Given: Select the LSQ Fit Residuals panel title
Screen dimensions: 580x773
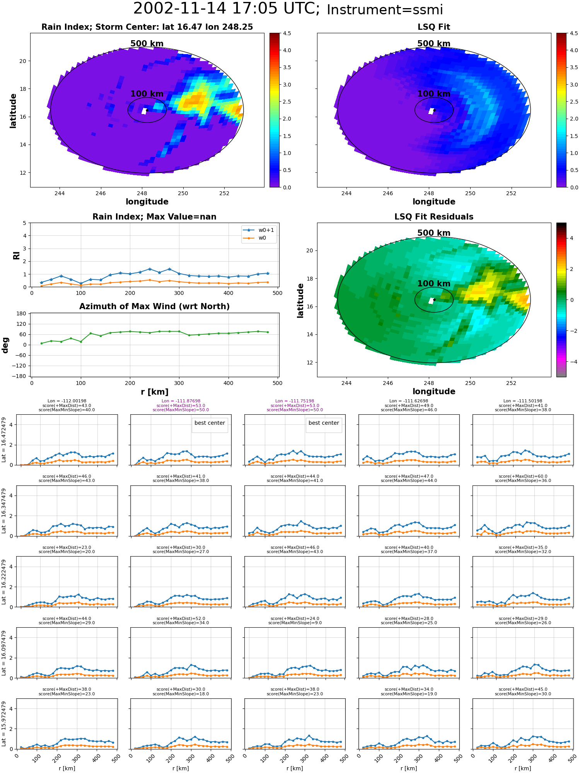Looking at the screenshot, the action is tap(434, 217).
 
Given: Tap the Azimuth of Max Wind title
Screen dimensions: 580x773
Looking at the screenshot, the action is tap(154, 306).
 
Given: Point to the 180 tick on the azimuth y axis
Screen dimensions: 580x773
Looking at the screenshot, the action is tap(22, 313).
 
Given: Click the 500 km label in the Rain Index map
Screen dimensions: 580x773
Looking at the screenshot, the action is tap(147, 44).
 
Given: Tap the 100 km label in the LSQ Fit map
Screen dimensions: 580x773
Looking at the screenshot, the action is tap(434, 94).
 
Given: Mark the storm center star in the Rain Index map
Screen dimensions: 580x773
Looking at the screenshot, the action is tap(147, 110).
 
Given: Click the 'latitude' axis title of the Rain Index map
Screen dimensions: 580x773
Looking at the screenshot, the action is tap(13, 111).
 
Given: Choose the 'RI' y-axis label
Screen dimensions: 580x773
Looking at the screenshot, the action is tap(16, 255).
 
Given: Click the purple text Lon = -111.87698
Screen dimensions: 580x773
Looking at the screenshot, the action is tap(181, 401).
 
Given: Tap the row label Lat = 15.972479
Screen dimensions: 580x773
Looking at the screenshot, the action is tap(4, 724).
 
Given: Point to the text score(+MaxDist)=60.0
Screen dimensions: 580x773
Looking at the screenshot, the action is tap(523, 477).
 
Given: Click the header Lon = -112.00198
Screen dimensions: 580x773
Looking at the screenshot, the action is tap(67, 401).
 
